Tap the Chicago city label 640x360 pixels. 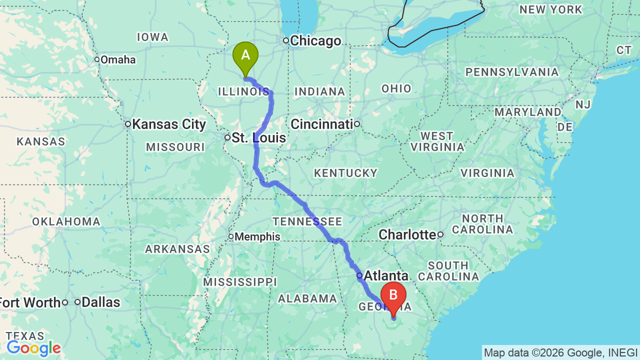[x=315, y=41]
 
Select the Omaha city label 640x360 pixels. [x=118, y=60]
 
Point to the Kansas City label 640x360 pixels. [x=169, y=124]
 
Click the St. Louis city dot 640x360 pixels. [x=227, y=137]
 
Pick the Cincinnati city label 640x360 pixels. [x=322, y=124]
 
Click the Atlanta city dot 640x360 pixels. [x=359, y=275]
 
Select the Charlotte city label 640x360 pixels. [x=407, y=234]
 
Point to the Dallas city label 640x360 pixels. [x=101, y=302]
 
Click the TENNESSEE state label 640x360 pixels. [x=307, y=221]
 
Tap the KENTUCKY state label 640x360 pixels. [x=345, y=173]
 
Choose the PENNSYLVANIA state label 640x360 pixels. [x=512, y=72]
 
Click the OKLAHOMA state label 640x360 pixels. [x=66, y=221]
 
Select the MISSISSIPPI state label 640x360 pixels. [x=239, y=282]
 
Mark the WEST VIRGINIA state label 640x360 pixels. [x=436, y=141]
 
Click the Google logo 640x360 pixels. [x=33, y=348]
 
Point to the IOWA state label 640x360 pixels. [x=152, y=37]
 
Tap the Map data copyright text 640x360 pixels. [x=560, y=352]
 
